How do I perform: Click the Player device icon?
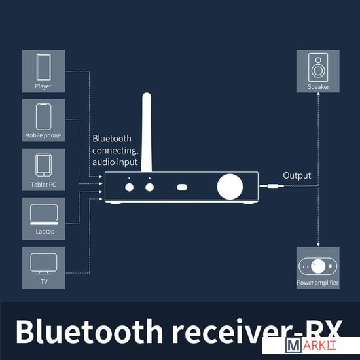[x=44, y=67]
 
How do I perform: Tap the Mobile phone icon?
[x=44, y=117]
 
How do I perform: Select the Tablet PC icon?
[x=44, y=165]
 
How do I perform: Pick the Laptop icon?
[x=44, y=214]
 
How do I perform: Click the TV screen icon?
[x=44, y=264]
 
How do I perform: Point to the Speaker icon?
[x=318, y=67]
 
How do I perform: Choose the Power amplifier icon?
[x=317, y=266]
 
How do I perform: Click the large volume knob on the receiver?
[x=230, y=187]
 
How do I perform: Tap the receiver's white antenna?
[x=147, y=132]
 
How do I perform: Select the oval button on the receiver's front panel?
[x=182, y=187]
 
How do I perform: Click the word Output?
[x=297, y=175]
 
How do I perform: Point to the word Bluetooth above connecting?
[x=112, y=139]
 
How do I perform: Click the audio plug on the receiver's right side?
[x=272, y=186]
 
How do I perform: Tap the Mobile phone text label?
[x=43, y=135]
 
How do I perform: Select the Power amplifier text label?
[x=317, y=283]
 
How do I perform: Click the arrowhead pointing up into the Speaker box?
[x=318, y=94]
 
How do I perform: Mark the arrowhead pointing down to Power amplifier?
[x=318, y=245]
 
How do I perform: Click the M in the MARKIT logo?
[x=293, y=346]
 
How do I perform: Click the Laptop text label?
[x=45, y=232]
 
